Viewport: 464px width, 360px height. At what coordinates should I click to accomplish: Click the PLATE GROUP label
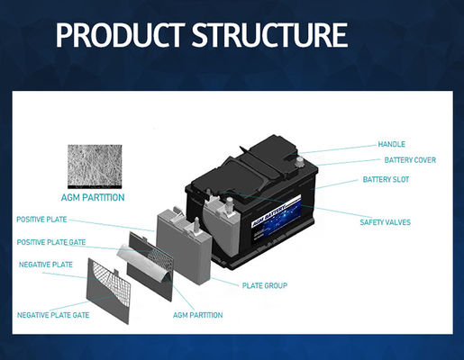point(265,285)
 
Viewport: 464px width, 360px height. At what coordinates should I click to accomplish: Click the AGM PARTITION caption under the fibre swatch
point(93,196)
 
